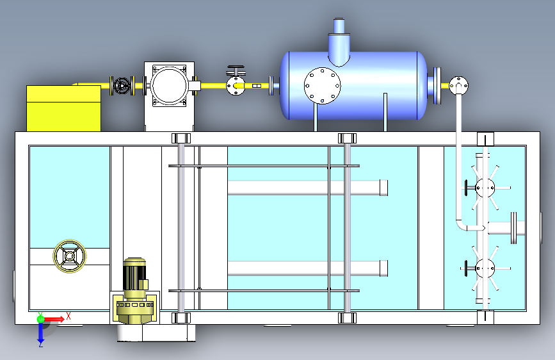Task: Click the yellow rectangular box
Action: click(64, 108)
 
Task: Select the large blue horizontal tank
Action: click(354, 85)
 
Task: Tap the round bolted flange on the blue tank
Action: click(323, 86)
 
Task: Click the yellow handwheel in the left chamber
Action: click(70, 256)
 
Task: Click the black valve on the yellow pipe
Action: click(122, 86)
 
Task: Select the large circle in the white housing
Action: click(169, 86)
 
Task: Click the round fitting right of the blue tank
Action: click(459, 85)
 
